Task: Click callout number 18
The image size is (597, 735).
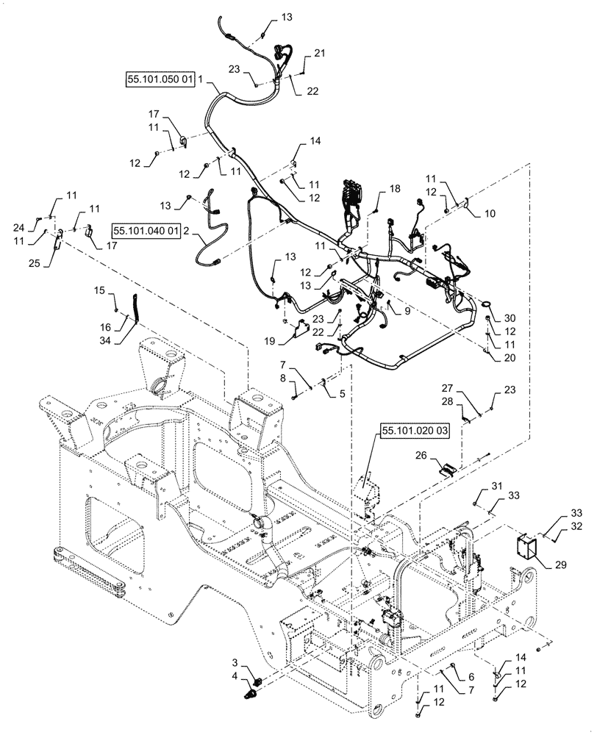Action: (x=395, y=189)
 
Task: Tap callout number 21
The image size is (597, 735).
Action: (x=318, y=54)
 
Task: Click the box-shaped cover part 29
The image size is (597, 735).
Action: (x=526, y=547)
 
